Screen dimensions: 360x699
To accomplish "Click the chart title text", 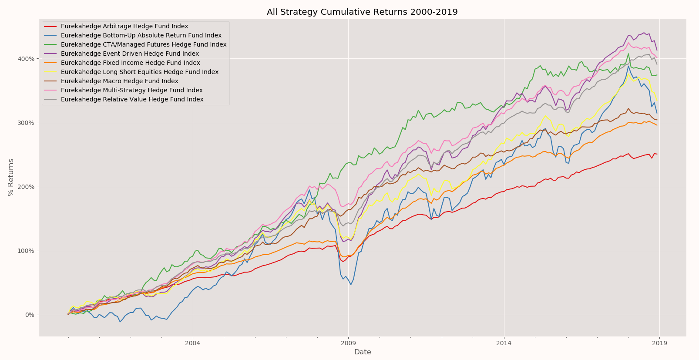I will pyautogui.click(x=362, y=12).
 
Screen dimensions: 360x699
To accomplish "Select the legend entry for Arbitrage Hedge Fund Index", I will pyautogui.click(x=124, y=27).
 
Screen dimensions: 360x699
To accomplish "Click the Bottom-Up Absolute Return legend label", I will pyautogui.click(x=141, y=36).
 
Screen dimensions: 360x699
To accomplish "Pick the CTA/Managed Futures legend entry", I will pyautogui.click(x=144, y=45).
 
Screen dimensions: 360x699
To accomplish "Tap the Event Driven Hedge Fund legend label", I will pyautogui.click(x=130, y=54).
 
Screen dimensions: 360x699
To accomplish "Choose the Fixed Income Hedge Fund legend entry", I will pyautogui.click(x=130, y=63).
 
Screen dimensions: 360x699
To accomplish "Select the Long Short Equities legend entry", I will pyautogui.click(x=140, y=72).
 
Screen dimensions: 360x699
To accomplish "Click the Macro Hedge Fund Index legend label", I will pyautogui.click(x=119, y=81).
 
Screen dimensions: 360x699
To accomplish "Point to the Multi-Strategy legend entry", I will pyautogui.click(x=131, y=91).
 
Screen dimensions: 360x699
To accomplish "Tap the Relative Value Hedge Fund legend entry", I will pyautogui.click(x=132, y=100).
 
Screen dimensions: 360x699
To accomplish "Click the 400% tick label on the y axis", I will pyautogui.click(x=26, y=59).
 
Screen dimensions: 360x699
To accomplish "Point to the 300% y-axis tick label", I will pyautogui.click(x=26, y=123).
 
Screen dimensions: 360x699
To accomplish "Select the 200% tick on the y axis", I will pyautogui.click(x=26, y=187).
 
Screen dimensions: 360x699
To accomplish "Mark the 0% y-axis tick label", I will pyautogui.click(x=29, y=315).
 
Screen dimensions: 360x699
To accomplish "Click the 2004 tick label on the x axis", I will pyautogui.click(x=192, y=343).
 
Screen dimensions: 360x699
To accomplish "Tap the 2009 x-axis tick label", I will pyautogui.click(x=348, y=343).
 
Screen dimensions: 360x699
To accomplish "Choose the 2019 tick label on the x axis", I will pyautogui.click(x=659, y=343).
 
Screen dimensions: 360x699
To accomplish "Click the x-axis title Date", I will pyautogui.click(x=362, y=352).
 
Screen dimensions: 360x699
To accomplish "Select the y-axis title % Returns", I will pyautogui.click(x=11, y=177).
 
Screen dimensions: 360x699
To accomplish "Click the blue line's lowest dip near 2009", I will pyautogui.click(x=350, y=285).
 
